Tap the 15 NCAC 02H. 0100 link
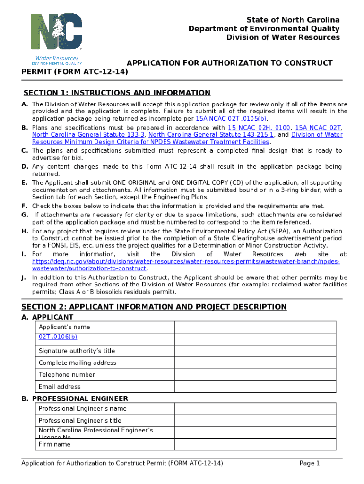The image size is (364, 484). click(x=259, y=128)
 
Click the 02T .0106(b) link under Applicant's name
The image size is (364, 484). click(x=58, y=337)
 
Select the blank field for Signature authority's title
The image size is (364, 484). click(x=255, y=351)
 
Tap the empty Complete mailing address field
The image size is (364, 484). click(x=255, y=363)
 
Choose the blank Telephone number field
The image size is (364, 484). click(x=255, y=374)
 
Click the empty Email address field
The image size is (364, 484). click(x=255, y=386)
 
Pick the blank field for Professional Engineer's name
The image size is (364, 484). click(x=255, y=408)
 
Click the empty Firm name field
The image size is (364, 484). click(x=255, y=444)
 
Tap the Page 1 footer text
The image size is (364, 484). click(x=310, y=463)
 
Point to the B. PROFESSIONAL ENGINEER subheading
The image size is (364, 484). click(x=75, y=399)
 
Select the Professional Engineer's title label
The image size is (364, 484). click(x=80, y=420)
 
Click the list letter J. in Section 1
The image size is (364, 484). click(x=24, y=277)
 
